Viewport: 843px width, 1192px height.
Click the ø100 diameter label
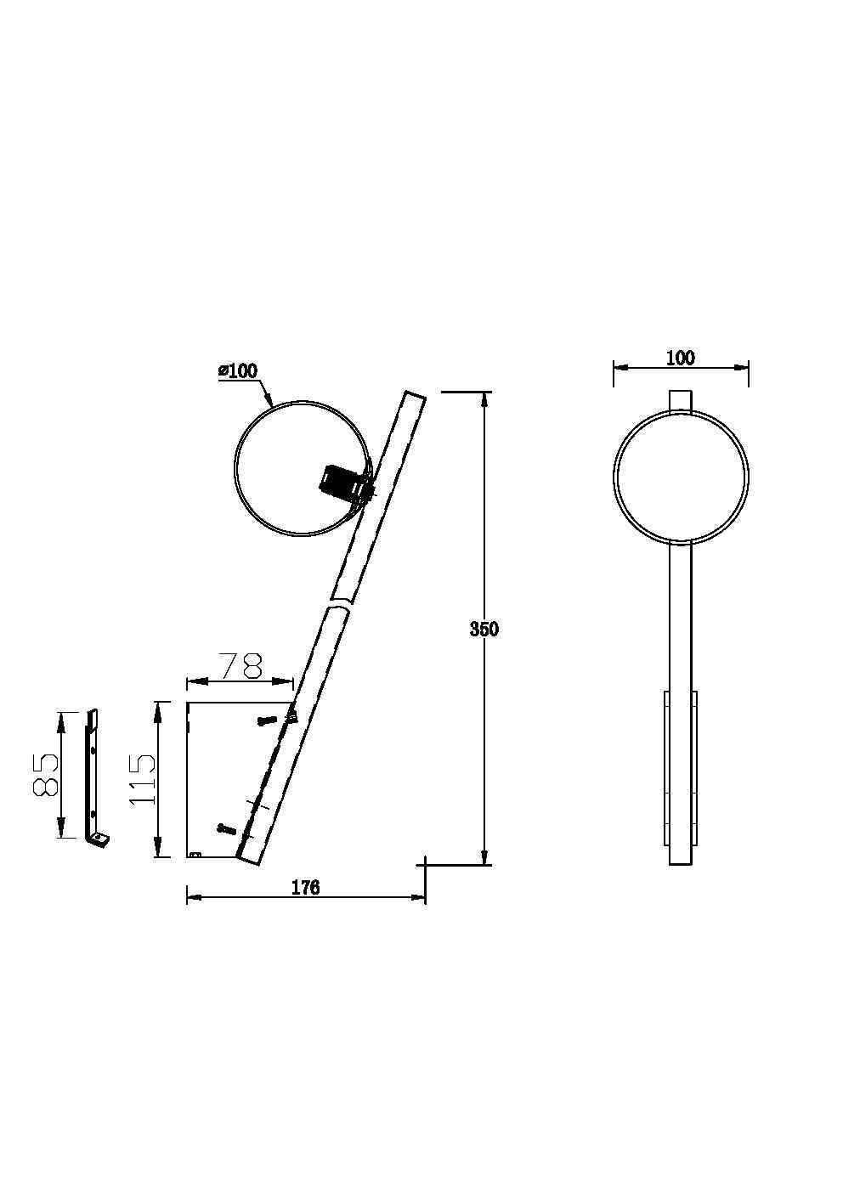(237, 370)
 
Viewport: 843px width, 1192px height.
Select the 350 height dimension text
(484, 630)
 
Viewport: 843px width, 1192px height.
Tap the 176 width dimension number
(305, 888)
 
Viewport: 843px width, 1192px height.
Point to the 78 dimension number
(240, 666)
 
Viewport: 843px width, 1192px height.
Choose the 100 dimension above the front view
(681, 358)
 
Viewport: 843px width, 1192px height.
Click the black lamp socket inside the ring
(337, 482)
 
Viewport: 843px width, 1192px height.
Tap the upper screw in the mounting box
(266, 720)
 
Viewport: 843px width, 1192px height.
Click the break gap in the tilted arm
(341, 602)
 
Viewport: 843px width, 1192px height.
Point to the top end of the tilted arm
(414, 396)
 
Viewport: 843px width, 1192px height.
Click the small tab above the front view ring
(681, 400)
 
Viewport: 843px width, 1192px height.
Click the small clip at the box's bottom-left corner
(195, 854)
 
